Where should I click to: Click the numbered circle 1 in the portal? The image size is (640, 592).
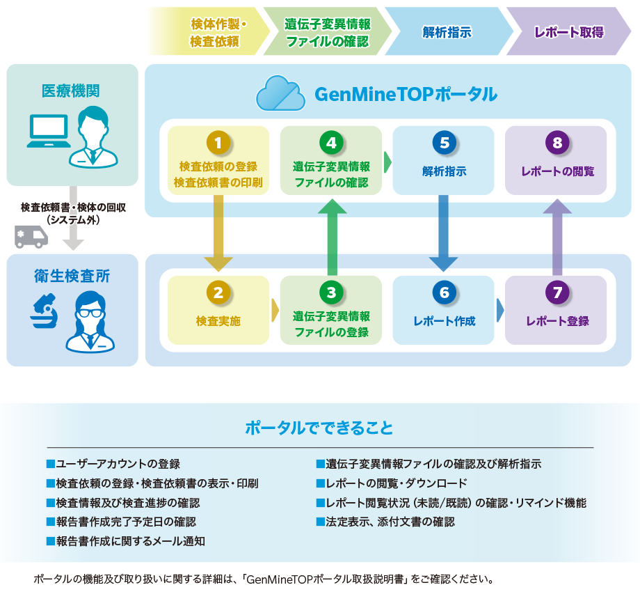point(218,143)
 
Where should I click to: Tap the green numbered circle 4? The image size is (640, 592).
point(331,143)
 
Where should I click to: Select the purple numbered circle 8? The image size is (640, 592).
point(558,143)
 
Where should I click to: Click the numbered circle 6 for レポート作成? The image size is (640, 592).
point(445,293)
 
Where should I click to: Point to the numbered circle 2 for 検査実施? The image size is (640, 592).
point(218,293)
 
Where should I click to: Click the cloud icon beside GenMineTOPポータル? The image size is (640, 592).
point(280,95)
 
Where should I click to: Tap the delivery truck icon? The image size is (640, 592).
point(31,236)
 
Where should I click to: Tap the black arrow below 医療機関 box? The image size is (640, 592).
point(73,230)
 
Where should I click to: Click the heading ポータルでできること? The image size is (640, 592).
point(319,427)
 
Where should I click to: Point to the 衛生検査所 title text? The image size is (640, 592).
point(72,276)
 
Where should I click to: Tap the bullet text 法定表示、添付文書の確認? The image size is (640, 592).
point(390,521)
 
